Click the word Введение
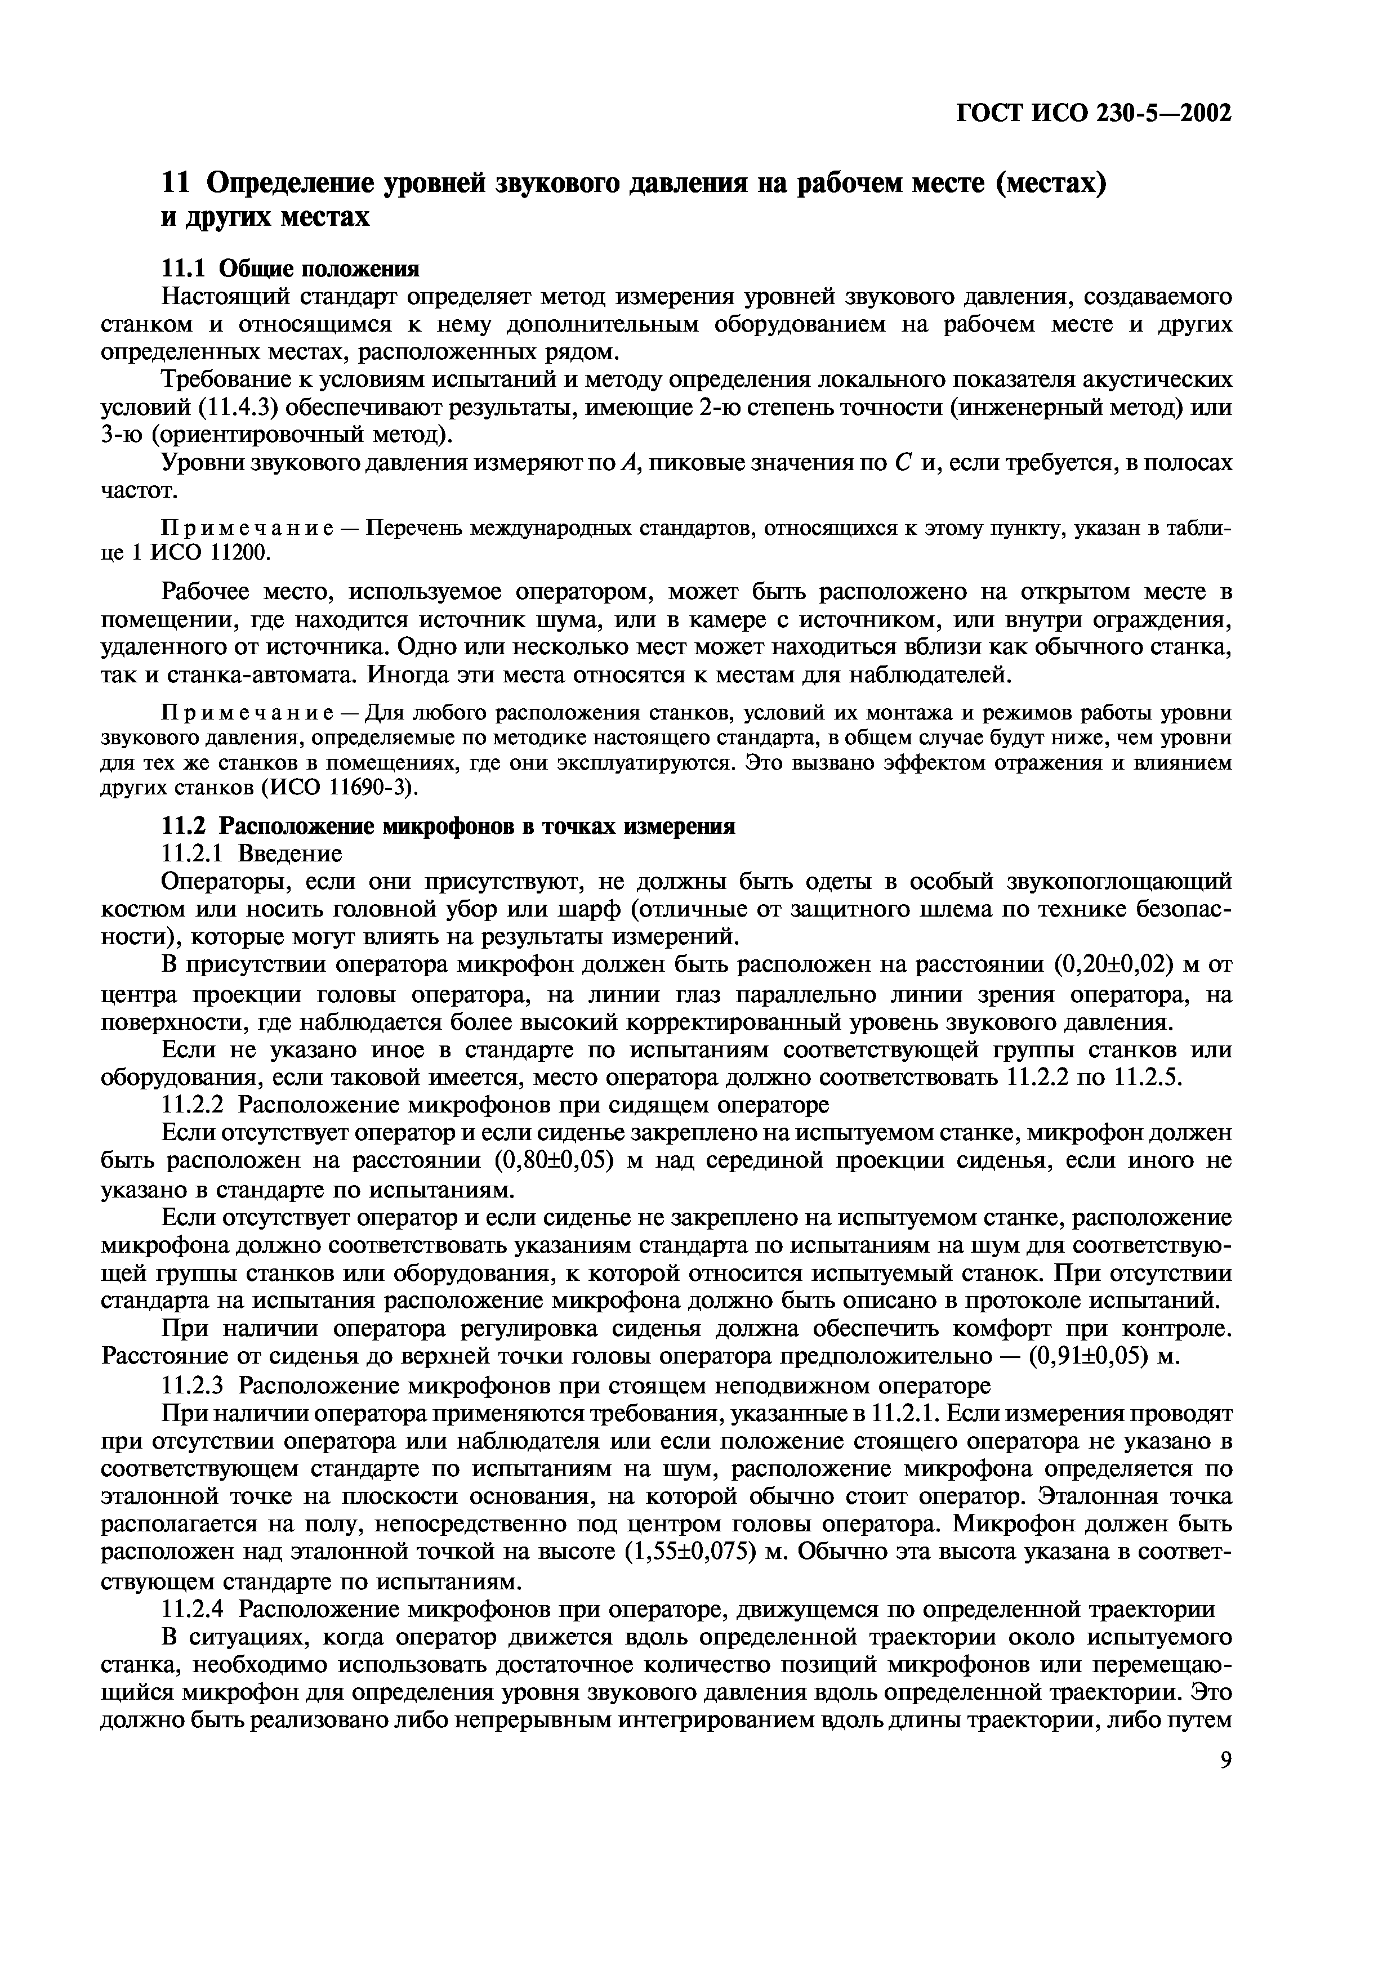coord(290,854)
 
